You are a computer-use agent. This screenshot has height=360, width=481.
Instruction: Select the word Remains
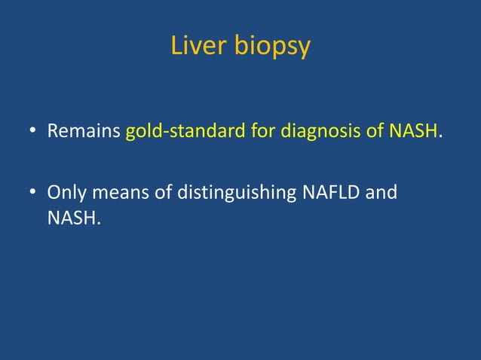coord(84,133)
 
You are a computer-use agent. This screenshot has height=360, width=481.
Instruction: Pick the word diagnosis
coord(318,133)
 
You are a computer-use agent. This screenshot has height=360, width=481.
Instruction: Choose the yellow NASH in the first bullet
coord(414,133)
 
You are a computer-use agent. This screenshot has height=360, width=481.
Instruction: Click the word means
coord(116,192)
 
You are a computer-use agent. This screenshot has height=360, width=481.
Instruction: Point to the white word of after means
coord(163,192)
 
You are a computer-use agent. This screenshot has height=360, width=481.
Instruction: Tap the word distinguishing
coord(237,194)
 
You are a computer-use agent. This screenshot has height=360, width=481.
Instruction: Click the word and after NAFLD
coord(381,192)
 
